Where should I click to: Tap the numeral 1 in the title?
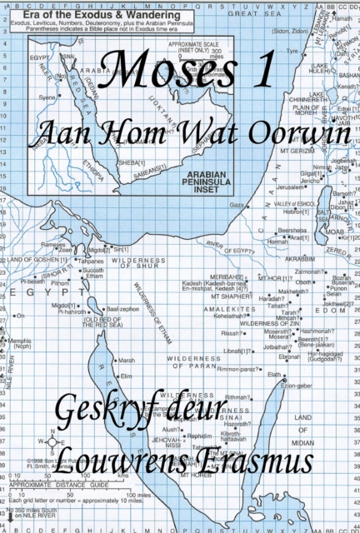264,72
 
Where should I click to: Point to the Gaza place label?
237,204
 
